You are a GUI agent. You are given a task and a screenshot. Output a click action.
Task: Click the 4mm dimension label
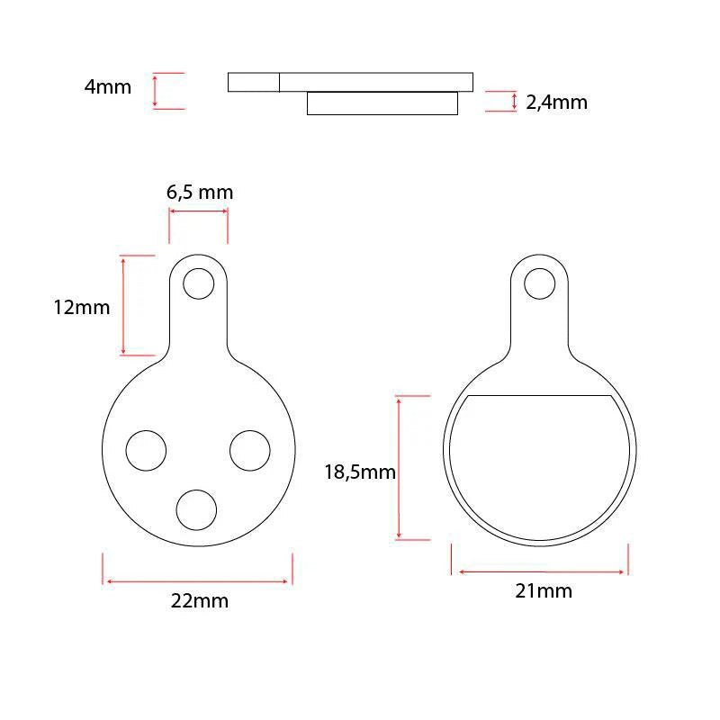107,87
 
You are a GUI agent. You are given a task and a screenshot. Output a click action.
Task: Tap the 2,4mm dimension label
556,102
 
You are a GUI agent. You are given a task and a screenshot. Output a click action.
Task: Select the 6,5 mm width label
200,192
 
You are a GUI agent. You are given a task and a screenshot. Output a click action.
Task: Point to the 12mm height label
82,307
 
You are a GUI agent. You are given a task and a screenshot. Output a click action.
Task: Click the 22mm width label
200,600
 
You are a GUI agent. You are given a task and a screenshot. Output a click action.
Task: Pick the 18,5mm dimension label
360,472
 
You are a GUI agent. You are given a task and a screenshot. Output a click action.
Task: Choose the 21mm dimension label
544,590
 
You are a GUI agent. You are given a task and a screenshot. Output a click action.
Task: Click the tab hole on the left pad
197,283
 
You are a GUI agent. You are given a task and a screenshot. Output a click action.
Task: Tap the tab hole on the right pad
540,283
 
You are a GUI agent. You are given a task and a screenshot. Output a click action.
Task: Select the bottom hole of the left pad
196,509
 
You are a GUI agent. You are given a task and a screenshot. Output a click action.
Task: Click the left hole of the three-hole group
146,450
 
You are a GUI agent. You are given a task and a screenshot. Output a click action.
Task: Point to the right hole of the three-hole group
250,450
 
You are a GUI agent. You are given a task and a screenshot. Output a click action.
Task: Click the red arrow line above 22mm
198,581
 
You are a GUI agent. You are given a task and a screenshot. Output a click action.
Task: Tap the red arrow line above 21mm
540,571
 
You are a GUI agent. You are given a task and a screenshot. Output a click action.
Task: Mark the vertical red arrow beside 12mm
123,305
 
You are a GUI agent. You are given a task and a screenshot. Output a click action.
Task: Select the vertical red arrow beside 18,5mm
400,468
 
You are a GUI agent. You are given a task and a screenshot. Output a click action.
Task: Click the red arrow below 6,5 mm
198,212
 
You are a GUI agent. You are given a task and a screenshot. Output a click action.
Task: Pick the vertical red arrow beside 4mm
156,91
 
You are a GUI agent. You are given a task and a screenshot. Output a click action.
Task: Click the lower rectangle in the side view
382,103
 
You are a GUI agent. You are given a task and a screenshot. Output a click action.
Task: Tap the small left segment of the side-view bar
253,82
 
